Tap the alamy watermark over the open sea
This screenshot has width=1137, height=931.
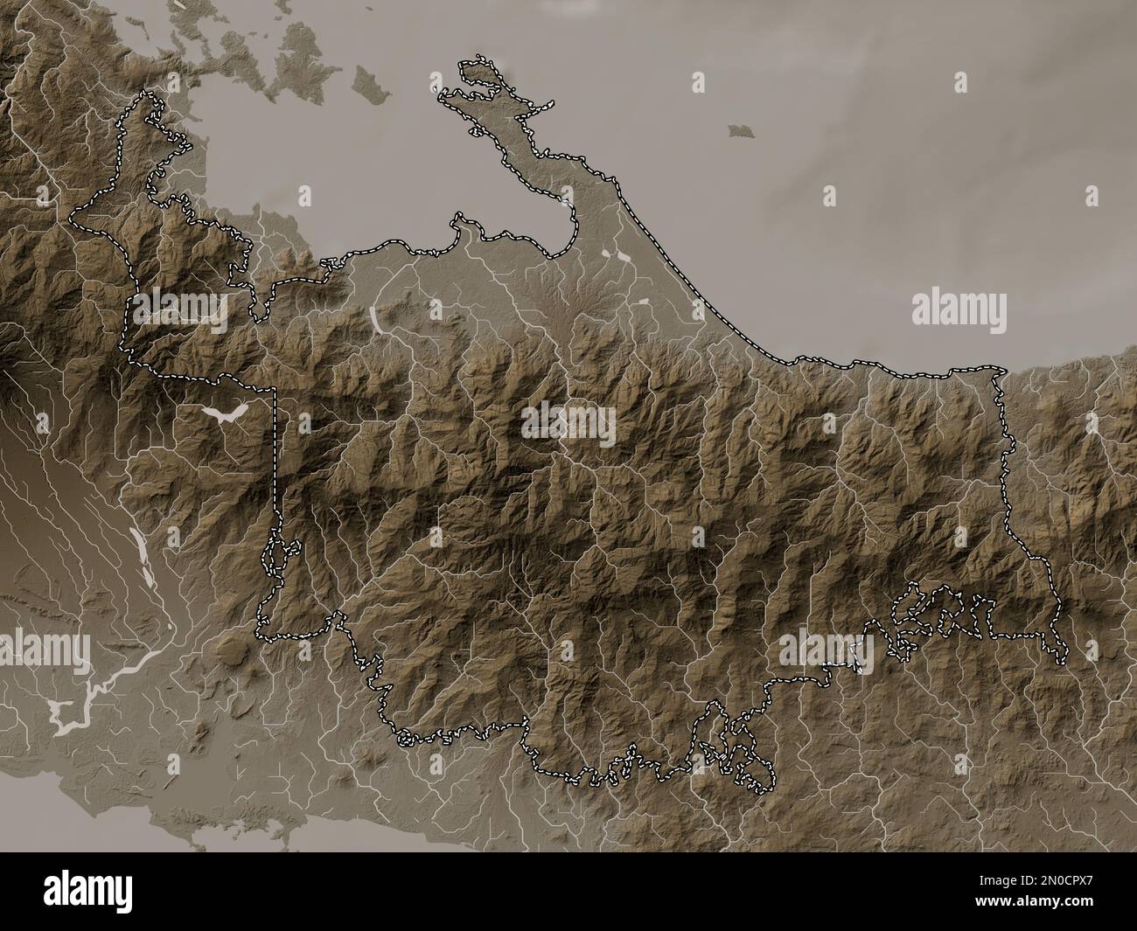[959, 310]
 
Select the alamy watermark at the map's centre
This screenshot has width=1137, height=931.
[568, 424]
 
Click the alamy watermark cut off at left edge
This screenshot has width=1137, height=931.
[44, 649]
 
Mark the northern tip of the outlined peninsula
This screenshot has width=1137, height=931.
[477, 61]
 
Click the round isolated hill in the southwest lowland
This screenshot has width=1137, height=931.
[230, 650]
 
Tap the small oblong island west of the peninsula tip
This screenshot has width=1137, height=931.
[367, 82]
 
